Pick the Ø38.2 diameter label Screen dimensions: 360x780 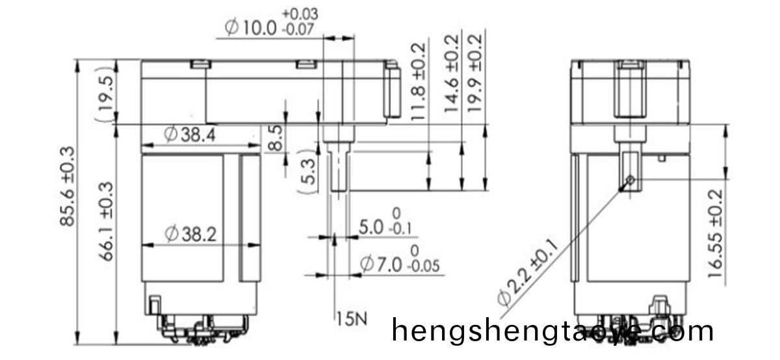click(190, 234)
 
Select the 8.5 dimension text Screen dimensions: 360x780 click(276, 138)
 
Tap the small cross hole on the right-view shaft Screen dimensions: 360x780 click(630, 179)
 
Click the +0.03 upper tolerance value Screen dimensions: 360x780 click(301, 14)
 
